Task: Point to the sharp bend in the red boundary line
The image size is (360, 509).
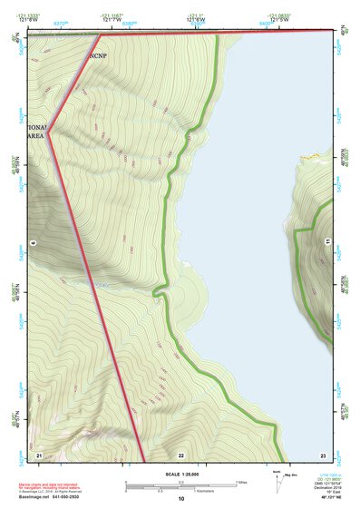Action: pos(48,130)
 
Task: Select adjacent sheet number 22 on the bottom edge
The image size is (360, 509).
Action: pos(181,454)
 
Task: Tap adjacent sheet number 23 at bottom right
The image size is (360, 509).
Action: pos(322,454)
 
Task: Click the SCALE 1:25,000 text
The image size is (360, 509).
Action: pos(180,475)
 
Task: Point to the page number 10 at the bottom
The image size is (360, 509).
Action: pos(180,499)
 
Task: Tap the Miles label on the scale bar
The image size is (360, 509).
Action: pos(241,482)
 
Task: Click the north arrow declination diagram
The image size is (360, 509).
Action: pos(277,482)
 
